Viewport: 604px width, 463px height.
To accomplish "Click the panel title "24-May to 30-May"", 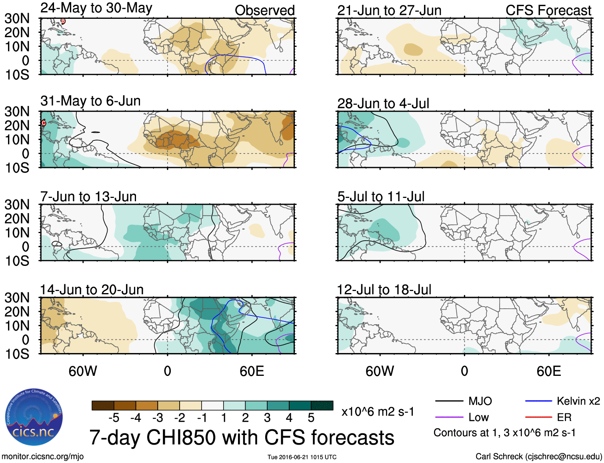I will tap(96, 8).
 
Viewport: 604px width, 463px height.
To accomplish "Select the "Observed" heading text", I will tap(264, 10).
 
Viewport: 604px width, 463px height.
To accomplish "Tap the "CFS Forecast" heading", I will tap(548, 10).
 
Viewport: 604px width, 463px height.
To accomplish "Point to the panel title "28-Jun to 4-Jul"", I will tap(383, 104).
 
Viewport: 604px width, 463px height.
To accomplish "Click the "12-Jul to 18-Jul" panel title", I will tap(384, 289).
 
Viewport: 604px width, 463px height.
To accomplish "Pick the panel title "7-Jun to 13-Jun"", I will tap(88, 197).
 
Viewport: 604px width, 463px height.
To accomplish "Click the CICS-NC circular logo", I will tap(34, 417).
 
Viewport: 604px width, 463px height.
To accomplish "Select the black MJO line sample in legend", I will tap(449, 401).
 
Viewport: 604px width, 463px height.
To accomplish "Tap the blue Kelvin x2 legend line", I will tap(538, 401).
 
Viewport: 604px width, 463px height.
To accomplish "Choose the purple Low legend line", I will tap(449, 417).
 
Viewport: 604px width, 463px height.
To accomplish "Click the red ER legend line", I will tap(538, 417).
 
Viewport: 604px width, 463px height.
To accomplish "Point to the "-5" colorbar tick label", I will tap(114, 418).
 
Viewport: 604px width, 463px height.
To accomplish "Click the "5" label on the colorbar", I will tap(311, 418).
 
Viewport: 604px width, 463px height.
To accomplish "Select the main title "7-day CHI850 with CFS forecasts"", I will tap(242, 437).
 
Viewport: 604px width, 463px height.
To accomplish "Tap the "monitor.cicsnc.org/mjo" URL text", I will tap(43, 457).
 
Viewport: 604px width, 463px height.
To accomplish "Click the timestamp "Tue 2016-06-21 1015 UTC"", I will tap(302, 457).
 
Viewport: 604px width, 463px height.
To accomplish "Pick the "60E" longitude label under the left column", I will tap(252, 371).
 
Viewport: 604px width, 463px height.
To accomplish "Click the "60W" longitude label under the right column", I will tap(380, 371).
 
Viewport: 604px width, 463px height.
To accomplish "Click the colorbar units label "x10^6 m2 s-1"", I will tap(378, 412).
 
